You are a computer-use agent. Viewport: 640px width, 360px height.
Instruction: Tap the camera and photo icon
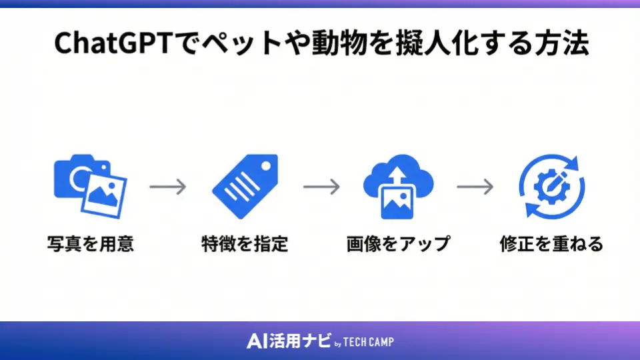pyautogui.click(x=90, y=185)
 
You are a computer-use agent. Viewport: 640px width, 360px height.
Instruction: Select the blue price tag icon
pyautogui.click(x=244, y=185)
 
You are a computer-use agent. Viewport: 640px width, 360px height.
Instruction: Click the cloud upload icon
pyautogui.click(x=398, y=185)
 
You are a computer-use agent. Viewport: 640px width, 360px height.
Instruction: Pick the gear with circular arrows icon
pyautogui.click(x=551, y=186)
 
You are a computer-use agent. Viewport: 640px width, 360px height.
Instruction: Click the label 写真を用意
pyautogui.click(x=91, y=244)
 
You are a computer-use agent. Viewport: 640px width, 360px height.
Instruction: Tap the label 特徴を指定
pyautogui.click(x=244, y=244)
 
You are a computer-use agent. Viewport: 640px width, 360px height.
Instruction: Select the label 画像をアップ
pyautogui.click(x=398, y=244)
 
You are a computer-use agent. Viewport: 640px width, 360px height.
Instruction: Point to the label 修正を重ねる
pyautogui.click(x=551, y=244)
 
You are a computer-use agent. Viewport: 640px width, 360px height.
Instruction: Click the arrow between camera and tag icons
pyautogui.click(x=167, y=187)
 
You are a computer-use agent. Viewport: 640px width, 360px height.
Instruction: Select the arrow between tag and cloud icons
pyautogui.click(x=321, y=187)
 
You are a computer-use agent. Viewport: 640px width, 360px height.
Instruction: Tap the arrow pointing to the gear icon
pyautogui.click(x=475, y=187)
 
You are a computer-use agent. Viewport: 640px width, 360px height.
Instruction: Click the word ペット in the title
pyautogui.click(x=236, y=44)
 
